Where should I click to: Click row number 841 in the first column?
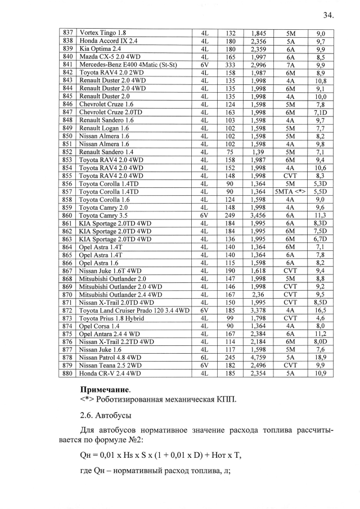(x=67, y=65)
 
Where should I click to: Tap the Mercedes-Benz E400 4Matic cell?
(x=129, y=65)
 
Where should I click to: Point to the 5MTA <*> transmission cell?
(x=290, y=191)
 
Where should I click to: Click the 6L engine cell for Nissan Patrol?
(x=204, y=357)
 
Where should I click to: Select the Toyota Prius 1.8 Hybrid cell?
(x=112, y=318)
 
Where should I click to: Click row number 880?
(x=67, y=373)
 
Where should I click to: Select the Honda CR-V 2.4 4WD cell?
(x=110, y=373)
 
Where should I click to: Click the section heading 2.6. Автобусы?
(x=106, y=416)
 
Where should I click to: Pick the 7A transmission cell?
(x=290, y=65)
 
